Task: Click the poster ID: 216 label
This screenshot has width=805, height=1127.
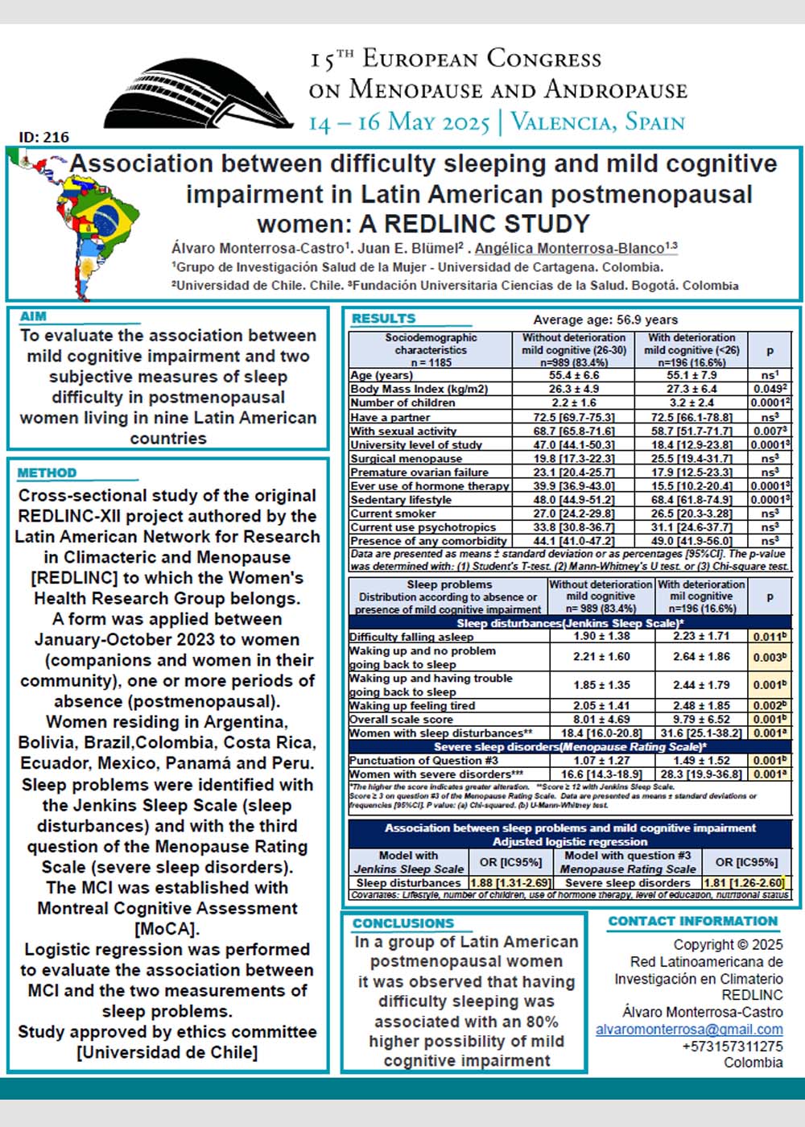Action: click(44, 137)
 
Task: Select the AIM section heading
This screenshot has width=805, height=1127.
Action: click(34, 316)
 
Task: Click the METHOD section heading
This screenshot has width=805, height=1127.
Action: click(47, 473)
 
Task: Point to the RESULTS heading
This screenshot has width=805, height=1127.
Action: click(383, 318)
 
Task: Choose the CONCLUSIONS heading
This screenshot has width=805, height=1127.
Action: click(403, 923)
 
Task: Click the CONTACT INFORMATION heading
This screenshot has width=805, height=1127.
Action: click(693, 921)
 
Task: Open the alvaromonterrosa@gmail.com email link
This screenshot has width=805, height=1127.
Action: click(689, 1029)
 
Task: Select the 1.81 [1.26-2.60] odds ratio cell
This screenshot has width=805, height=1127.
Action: click(744, 882)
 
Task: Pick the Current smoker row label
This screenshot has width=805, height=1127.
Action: click(382, 514)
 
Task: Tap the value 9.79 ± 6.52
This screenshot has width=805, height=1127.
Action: click(701, 720)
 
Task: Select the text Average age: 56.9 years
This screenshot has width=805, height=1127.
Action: click(605, 320)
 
